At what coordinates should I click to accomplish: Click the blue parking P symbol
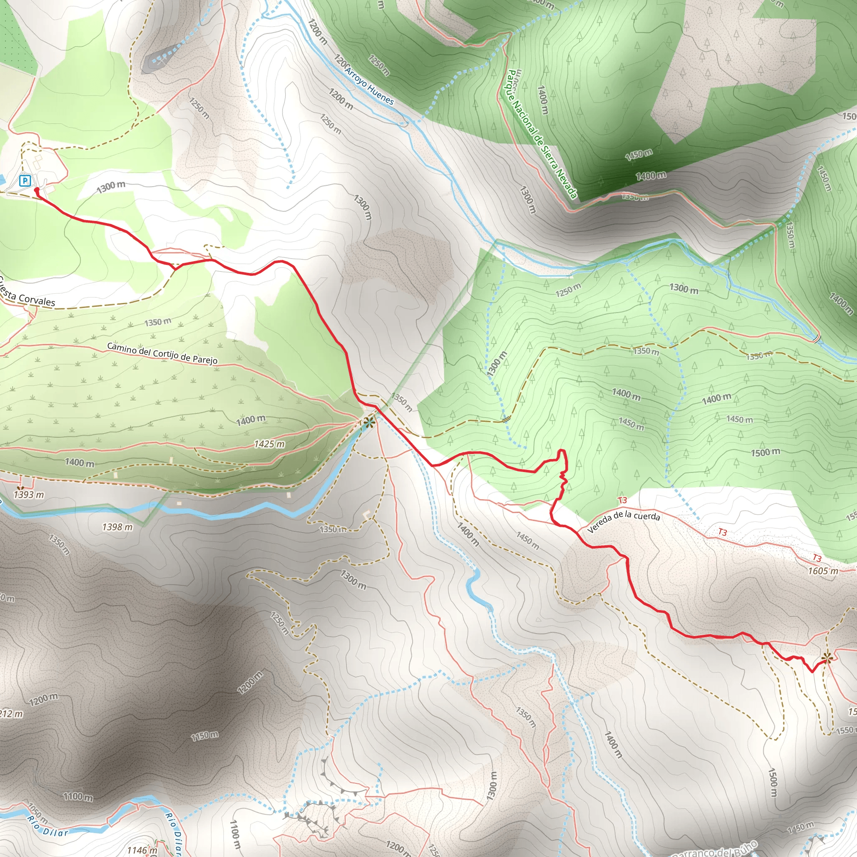[25, 180]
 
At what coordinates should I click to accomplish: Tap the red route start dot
[36, 190]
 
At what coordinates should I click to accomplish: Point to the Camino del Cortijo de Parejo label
[162, 353]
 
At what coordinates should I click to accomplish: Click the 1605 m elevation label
[823, 571]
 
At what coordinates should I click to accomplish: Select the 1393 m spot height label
[29, 495]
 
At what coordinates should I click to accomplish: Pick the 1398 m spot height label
[117, 527]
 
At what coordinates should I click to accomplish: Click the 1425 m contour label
[269, 444]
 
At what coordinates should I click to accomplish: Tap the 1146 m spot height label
[142, 850]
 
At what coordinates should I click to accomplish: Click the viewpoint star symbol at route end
[826, 658]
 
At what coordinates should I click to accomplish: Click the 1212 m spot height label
[11, 714]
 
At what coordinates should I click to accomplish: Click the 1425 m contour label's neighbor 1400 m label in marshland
[251, 420]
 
